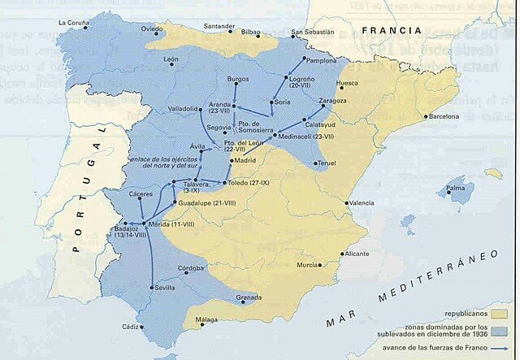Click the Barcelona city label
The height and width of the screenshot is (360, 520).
(444, 116)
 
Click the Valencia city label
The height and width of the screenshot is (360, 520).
(362, 202)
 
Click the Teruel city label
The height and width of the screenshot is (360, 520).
(326, 163)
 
